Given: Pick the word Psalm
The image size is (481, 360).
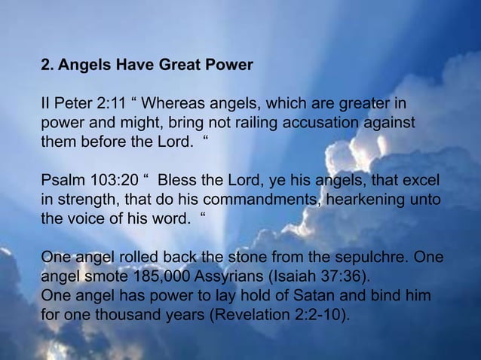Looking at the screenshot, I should [60, 183].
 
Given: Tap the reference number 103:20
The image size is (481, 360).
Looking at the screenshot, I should [109, 183].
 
